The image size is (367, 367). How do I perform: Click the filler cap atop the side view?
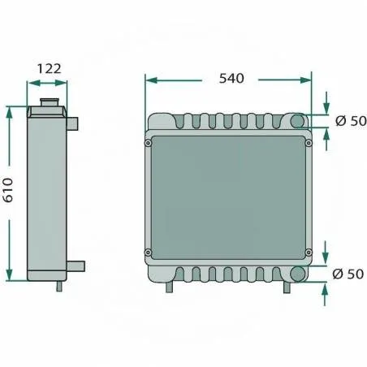click(x=50, y=105)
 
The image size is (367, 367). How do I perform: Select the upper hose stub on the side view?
click(x=73, y=123)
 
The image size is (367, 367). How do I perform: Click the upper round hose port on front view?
click(x=298, y=121)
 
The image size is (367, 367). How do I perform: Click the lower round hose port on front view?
click(x=298, y=274)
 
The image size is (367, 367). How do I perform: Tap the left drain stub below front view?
click(x=168, y=287)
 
